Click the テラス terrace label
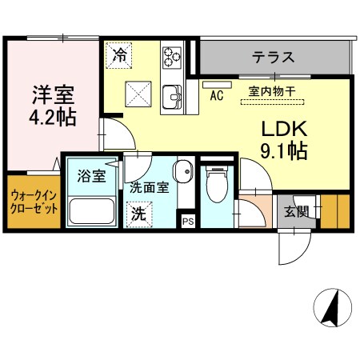tap(274, 58)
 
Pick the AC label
tap(215, 95)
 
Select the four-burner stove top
tap(173, 56)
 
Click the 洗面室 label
tap(149, 189)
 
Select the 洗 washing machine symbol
tap(138, 214)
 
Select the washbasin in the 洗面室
tap(183, 171)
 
